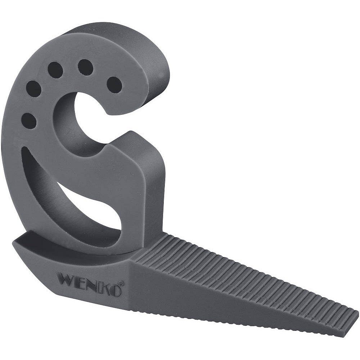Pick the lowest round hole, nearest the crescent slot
[30, 121]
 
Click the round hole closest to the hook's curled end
[114, 84]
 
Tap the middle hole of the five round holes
[55, 68]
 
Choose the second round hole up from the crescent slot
[34, 89]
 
